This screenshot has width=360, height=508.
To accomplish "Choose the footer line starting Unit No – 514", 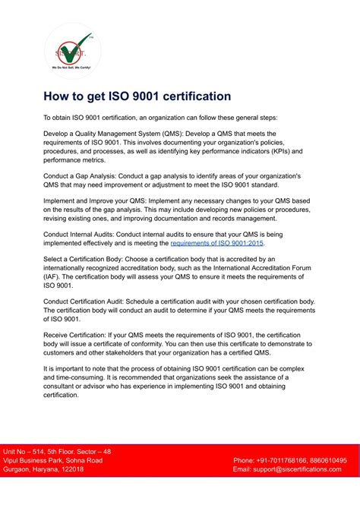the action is click(57, 451).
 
